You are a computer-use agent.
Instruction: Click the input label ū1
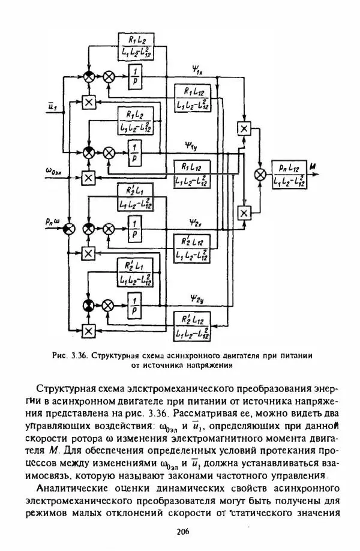coord(52,107)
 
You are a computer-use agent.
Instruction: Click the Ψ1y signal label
coord(196,146)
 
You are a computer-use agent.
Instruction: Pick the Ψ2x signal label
coord(196,221)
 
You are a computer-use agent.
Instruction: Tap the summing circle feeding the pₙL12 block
coord(260,174)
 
